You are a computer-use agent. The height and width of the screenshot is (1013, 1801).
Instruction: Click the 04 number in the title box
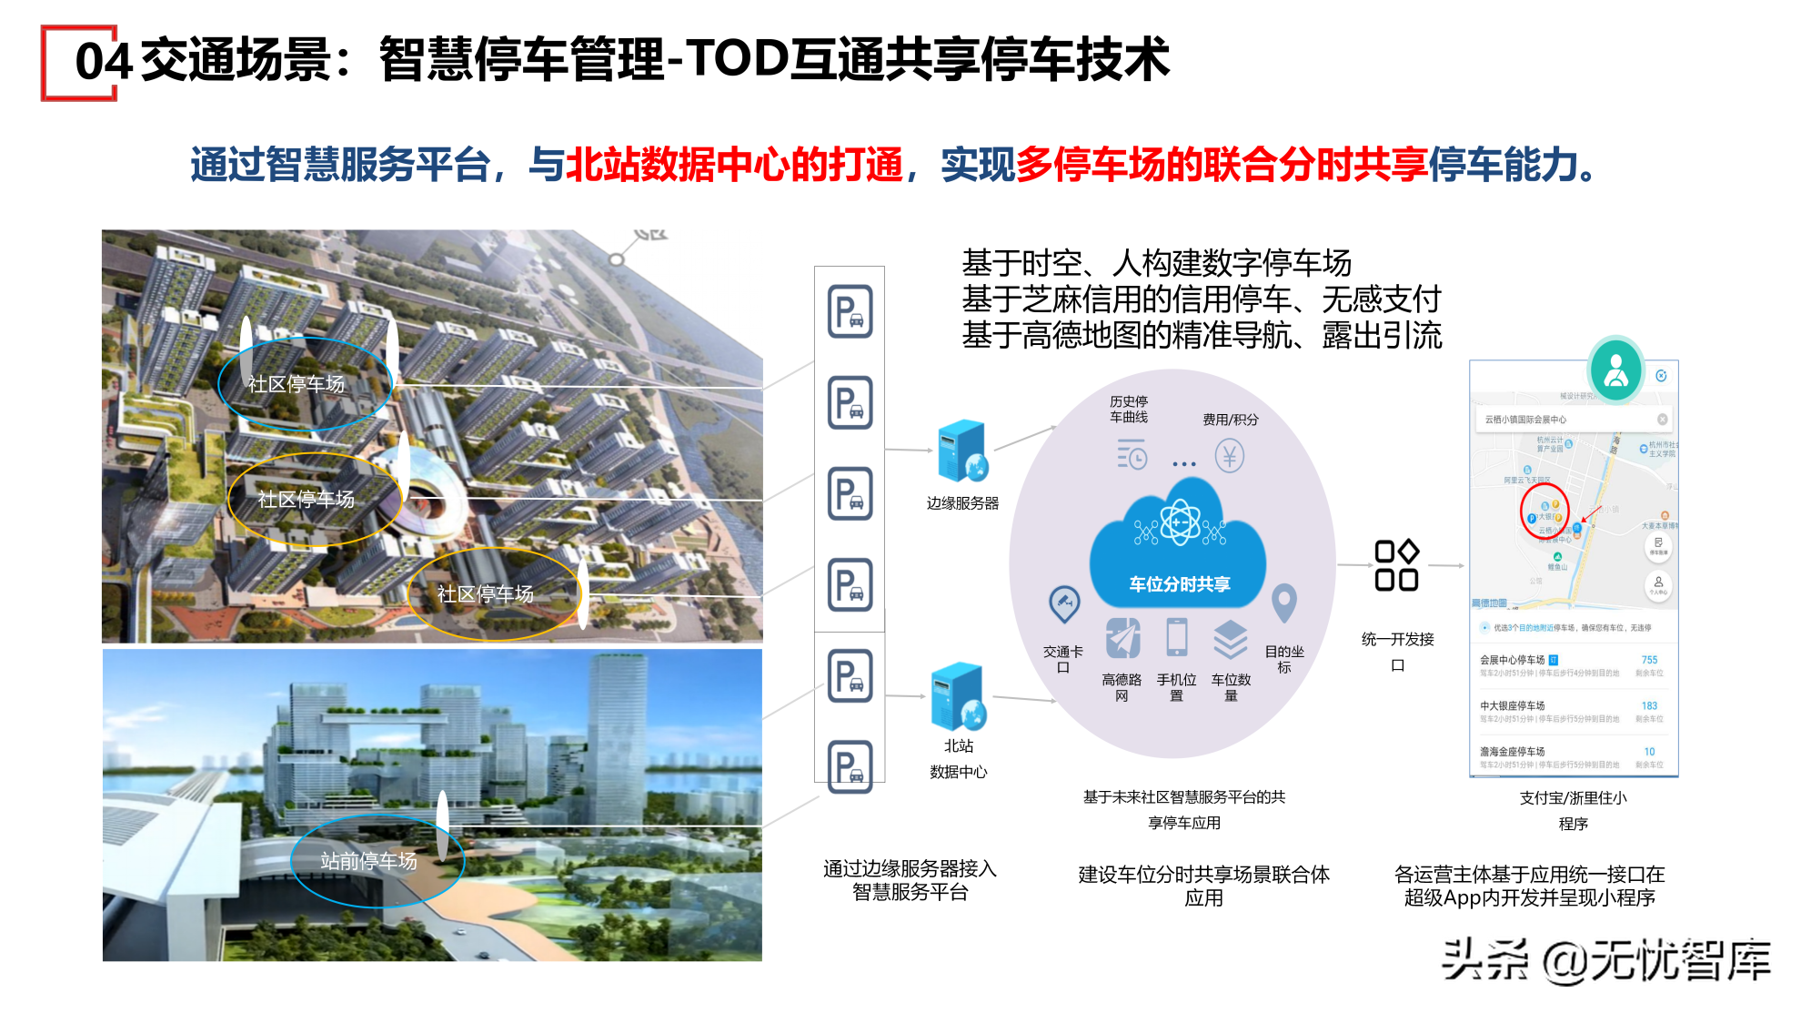102,62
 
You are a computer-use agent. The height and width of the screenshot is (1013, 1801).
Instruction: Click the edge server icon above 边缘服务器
962,451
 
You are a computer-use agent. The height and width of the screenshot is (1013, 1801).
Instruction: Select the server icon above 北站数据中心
958,697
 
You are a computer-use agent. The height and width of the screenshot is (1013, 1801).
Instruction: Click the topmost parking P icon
850,311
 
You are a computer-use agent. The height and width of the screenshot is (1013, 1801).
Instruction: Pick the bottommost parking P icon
850,766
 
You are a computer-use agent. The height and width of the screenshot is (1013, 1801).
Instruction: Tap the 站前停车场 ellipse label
368,860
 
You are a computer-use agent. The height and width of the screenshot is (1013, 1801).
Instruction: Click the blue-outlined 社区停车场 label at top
297,384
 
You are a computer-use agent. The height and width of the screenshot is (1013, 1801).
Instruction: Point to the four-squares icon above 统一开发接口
1396,565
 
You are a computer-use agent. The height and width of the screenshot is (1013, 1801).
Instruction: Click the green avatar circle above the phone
1615,370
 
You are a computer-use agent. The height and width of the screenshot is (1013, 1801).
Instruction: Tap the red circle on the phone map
1544,511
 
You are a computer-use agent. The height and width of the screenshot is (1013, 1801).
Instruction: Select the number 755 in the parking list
1649,660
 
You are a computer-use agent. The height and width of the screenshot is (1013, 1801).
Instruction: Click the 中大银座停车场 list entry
1513,705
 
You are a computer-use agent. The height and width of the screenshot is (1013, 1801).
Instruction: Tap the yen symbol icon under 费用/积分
1229,456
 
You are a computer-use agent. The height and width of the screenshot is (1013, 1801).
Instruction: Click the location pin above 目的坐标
1283,603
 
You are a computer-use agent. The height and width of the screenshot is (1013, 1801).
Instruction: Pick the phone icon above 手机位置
1177,637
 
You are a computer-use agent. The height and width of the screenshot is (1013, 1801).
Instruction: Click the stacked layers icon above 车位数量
1230,639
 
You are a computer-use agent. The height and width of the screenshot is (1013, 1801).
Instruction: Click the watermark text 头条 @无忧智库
1605,959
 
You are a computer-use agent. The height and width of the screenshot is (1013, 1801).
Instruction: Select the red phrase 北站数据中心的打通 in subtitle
734,165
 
